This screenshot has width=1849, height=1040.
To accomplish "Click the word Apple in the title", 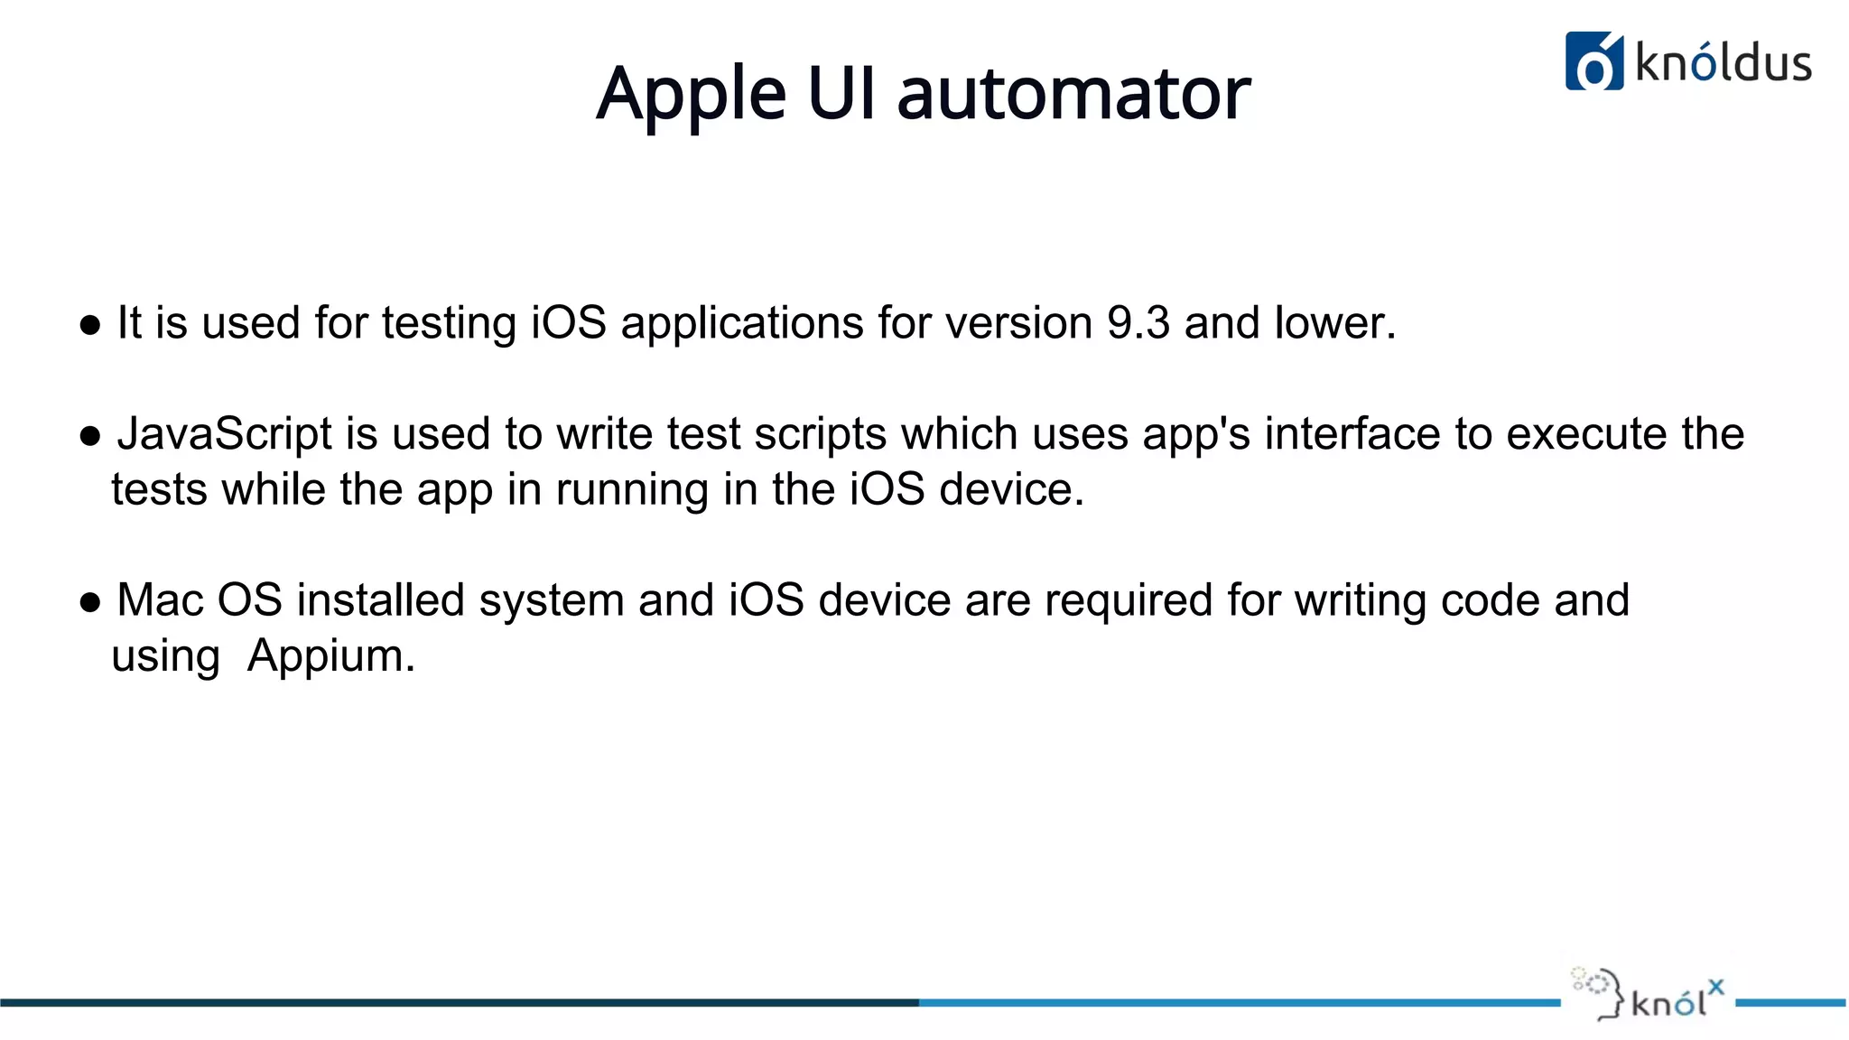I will [691, 94].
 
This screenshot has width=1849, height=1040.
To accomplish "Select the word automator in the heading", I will [1073, 94].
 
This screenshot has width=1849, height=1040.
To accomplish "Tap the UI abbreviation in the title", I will [841, 94].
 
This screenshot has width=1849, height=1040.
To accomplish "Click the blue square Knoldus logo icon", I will [1593, 61].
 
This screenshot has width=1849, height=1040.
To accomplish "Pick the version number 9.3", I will [1138, 323].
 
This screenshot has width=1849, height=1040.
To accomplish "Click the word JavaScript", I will [225, 434].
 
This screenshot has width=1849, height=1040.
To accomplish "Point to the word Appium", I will [331, 656].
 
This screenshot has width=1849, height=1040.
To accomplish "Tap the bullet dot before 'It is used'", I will [89, 326].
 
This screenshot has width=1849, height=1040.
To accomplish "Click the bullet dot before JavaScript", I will [89, 437].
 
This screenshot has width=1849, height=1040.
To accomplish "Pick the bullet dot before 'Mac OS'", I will [89, 603].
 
